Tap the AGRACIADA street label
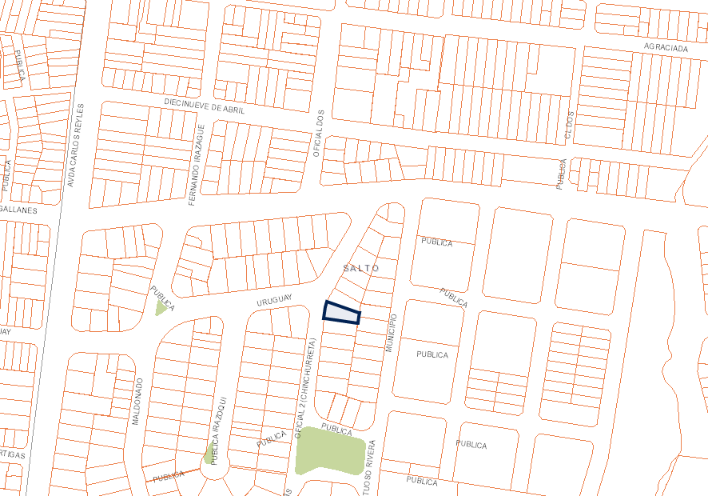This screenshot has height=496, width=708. coord(666,48)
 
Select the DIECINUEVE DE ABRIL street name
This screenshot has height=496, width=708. coord(205,106)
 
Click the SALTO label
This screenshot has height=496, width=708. coord(361,268)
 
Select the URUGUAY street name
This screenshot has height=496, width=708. coord(271,302)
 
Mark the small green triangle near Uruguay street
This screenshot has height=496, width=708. coord(161,309)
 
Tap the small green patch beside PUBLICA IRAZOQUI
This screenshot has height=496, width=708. coord(209,454)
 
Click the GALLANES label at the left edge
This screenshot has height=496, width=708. coord(18,210)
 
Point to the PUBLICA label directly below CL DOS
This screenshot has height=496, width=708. coord(563,173)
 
